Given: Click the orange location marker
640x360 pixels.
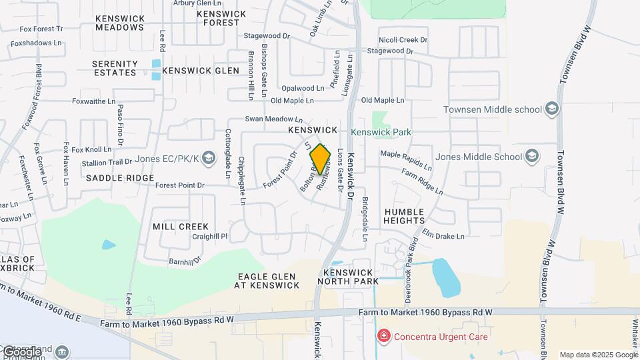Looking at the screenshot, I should pos(321,159).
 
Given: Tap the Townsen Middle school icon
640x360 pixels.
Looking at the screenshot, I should pos(551,109).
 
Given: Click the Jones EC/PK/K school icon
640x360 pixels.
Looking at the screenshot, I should pos(209,158).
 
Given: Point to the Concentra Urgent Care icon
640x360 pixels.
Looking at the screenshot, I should pos(383,336).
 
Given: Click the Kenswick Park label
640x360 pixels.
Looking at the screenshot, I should pos(381,132).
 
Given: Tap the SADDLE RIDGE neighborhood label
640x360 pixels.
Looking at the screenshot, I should pos(120,178).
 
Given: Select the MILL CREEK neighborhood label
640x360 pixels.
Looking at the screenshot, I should pos(181,227).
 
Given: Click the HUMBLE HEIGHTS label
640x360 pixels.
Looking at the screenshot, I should pos(404,215).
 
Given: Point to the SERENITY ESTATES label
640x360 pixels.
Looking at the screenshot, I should pos(115,68).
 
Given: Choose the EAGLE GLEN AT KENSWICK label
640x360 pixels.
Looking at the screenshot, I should pos(266,281).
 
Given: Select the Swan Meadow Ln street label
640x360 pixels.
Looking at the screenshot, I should pos(269,119).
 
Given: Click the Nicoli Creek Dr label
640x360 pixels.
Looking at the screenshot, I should pos(403,40).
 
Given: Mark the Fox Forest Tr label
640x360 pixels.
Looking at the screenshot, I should pos(41,29).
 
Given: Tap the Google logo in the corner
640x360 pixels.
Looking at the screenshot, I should pos(22,351).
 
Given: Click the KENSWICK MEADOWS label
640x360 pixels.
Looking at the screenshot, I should pos(119,23).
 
